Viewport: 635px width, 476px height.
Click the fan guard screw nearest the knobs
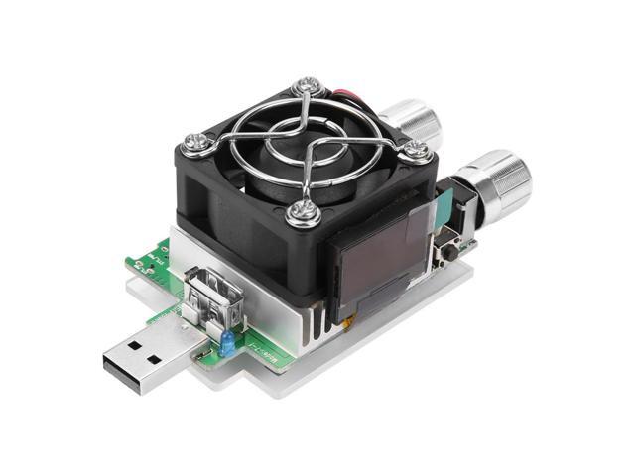(x=417, y=150)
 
